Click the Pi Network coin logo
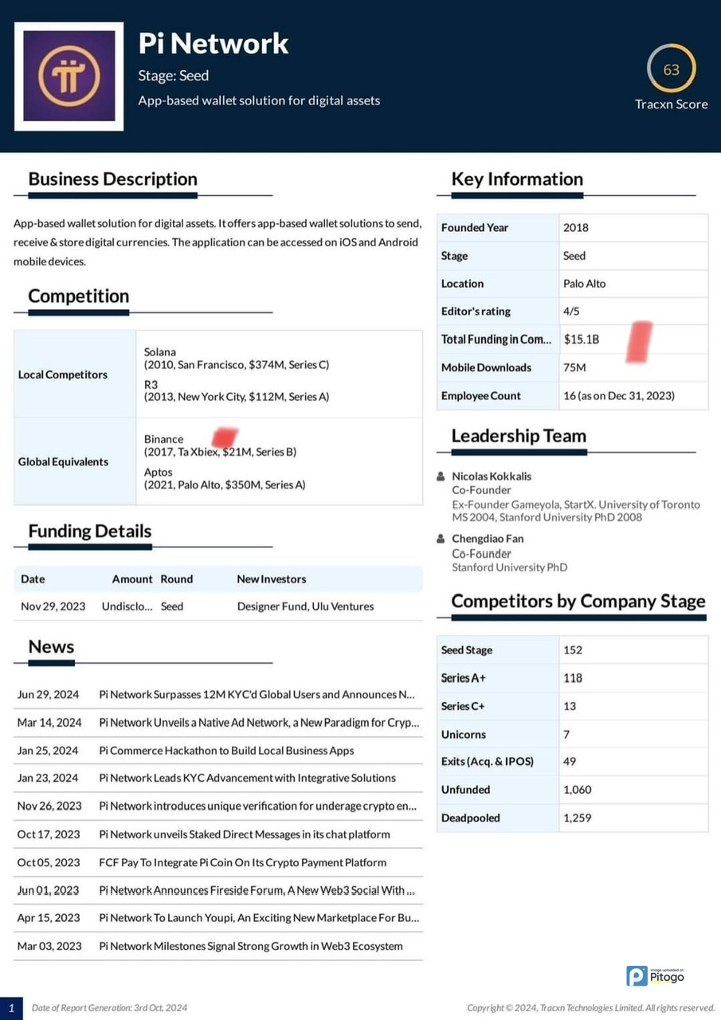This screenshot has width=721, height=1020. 69,76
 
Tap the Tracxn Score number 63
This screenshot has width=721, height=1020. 672,70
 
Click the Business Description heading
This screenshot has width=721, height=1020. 112,179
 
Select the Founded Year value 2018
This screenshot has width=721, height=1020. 576,228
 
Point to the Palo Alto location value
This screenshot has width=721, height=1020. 585,284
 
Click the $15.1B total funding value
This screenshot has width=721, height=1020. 582,339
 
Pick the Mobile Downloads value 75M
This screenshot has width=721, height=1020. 574,367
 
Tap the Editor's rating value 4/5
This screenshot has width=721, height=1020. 572,312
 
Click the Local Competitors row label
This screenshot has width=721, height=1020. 63,375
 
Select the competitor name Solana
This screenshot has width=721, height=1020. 160,351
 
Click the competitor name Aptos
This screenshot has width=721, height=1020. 159,473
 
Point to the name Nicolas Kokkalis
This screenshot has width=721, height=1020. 492,477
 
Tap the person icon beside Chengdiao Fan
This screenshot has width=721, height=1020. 441,539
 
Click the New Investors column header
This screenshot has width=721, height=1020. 272,579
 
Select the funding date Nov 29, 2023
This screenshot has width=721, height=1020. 53,606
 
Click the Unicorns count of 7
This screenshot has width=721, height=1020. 566,734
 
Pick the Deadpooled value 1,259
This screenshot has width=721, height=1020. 578,818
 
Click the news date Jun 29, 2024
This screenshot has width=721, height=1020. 48,695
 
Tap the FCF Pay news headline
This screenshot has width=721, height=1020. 242,862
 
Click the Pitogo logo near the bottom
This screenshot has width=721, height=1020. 655,975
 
